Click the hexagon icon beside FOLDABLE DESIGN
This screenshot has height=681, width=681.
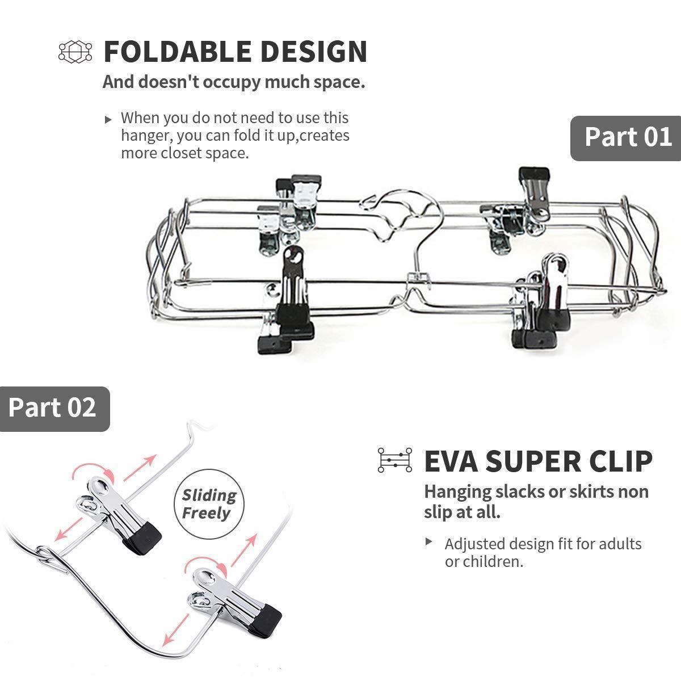(x=75, y=51)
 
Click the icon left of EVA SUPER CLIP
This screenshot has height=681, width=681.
(x=394, y=460)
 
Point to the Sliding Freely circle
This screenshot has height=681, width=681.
(x=209, y=504)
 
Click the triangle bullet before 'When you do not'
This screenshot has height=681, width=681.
(x=108, y=119)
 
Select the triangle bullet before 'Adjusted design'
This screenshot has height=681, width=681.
(x=429, y=542)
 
